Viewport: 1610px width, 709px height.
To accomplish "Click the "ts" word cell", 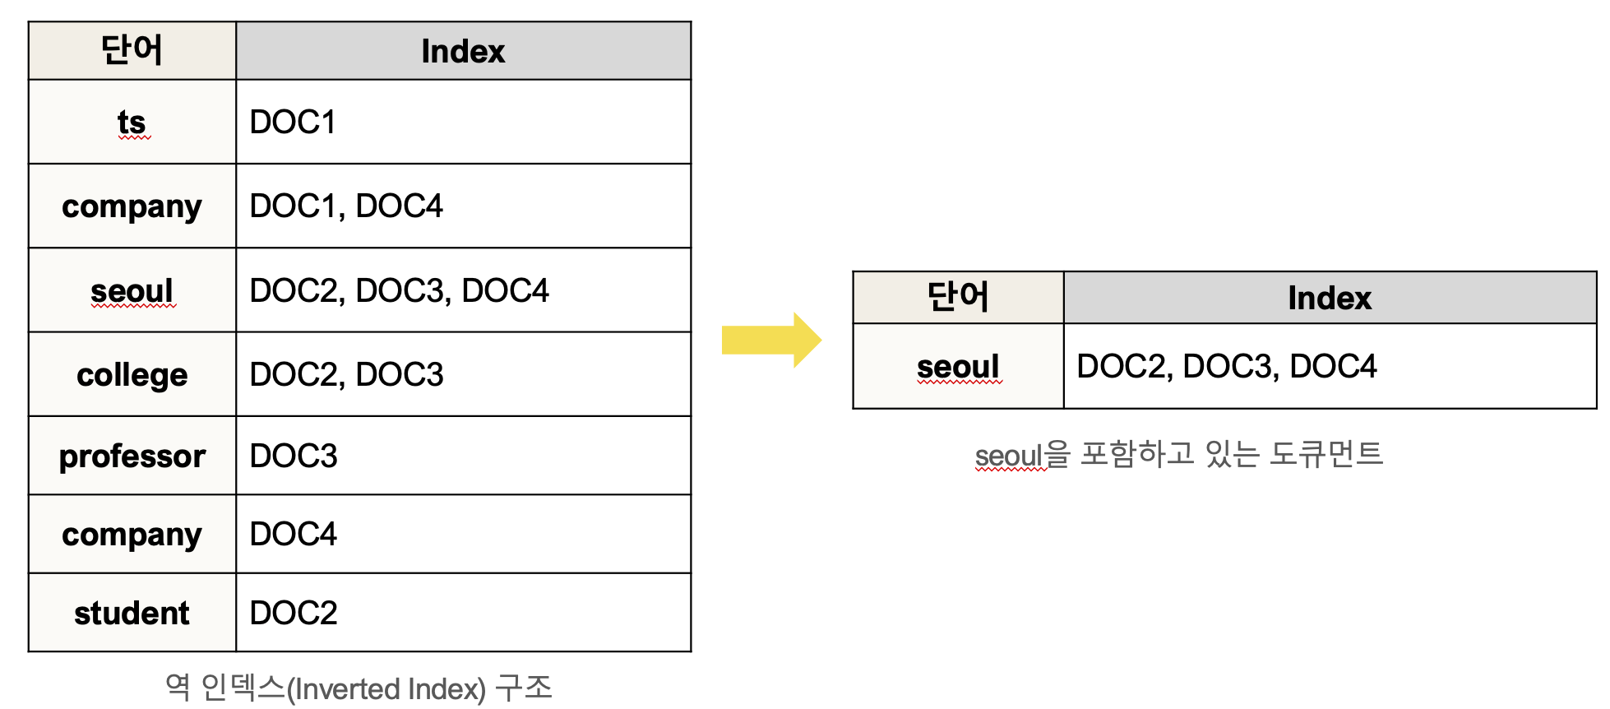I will pyautogui.click(x=132, y=122).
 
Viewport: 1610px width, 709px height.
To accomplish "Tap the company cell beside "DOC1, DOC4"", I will pyautogui.click(x=132, y=206).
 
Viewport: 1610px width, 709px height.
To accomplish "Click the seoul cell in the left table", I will pyautogui.click(x=132, y=290).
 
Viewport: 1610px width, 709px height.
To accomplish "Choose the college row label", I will pyautogui.click(x=132, y=374).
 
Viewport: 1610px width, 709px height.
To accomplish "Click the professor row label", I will pyautogui.click(x=132, y=456).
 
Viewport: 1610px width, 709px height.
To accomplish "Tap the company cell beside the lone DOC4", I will pyautogui.click(x=132, y=534).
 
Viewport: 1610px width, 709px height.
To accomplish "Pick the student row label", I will pyautogui.click(x=132, y=613).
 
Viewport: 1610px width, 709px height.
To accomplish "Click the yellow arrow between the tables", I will pyautogui.click(x=770, y=340).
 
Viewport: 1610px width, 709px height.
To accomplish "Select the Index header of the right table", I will pyautogui.click(x=1329, y=298).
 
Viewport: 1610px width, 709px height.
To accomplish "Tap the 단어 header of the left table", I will pyautogui.click(x=132, y=50).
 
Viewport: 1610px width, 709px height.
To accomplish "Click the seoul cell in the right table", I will pyautogui.click(x=958, y=366).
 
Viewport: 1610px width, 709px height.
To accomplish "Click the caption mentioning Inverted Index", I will pyautogui.click(x=359, y=688).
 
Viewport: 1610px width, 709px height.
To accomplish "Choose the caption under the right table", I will pyautogui.click(x=1178, y=454).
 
